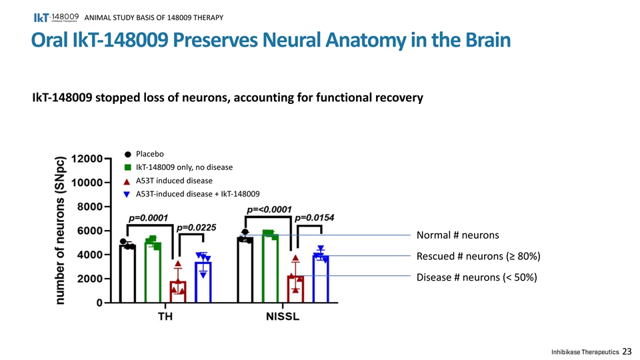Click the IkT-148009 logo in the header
coord(56,17)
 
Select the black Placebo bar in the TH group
coord(128,274)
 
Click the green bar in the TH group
coord(153,273)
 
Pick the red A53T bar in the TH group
coord(178,292)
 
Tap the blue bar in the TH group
coord(203,283)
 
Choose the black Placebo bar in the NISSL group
coord(245,270)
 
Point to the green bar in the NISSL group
coord(270,268)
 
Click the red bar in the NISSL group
coord(295,289)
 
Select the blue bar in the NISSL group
coord(321,279)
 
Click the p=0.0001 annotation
coord(148,217)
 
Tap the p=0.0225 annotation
coord(196,227)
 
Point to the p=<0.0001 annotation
coord(269,209)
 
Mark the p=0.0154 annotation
coord(314,217)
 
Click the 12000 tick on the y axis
coord(87,159)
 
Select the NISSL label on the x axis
coord(283,316)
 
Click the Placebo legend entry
coord(144,154)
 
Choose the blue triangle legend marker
coord(127,194)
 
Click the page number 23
coord(627,351)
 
